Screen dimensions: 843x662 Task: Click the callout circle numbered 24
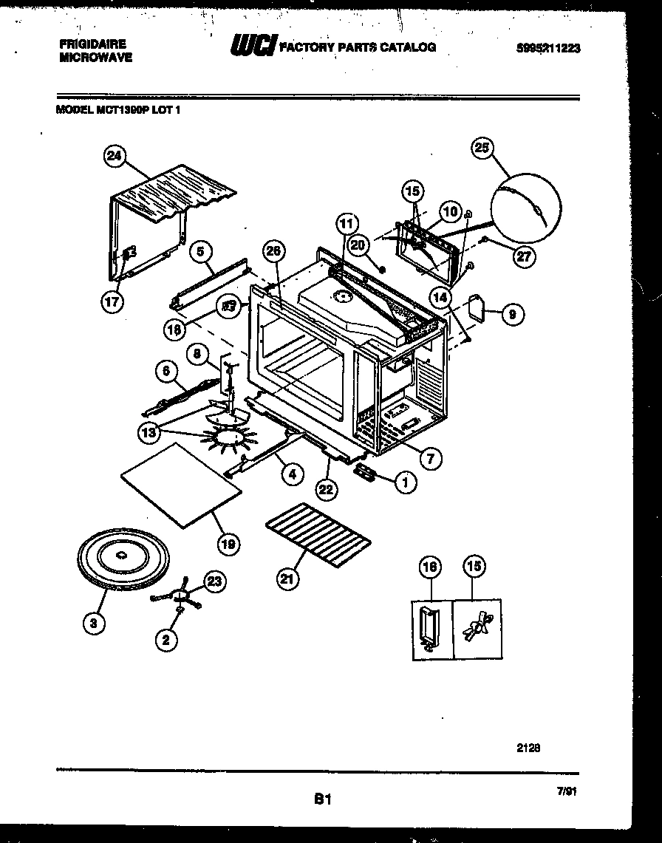click(x=115, y=156)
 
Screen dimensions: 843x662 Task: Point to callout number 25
click(x=482, y=149)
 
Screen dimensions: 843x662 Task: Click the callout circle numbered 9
click(x=511, y=314)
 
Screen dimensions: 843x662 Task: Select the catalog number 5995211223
click(x=548, y=48)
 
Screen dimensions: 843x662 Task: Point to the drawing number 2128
click(x=528, y=747)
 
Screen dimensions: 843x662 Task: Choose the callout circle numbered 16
click(x=429, y=567)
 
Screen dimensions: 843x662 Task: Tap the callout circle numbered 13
click(x=150, y=433)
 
